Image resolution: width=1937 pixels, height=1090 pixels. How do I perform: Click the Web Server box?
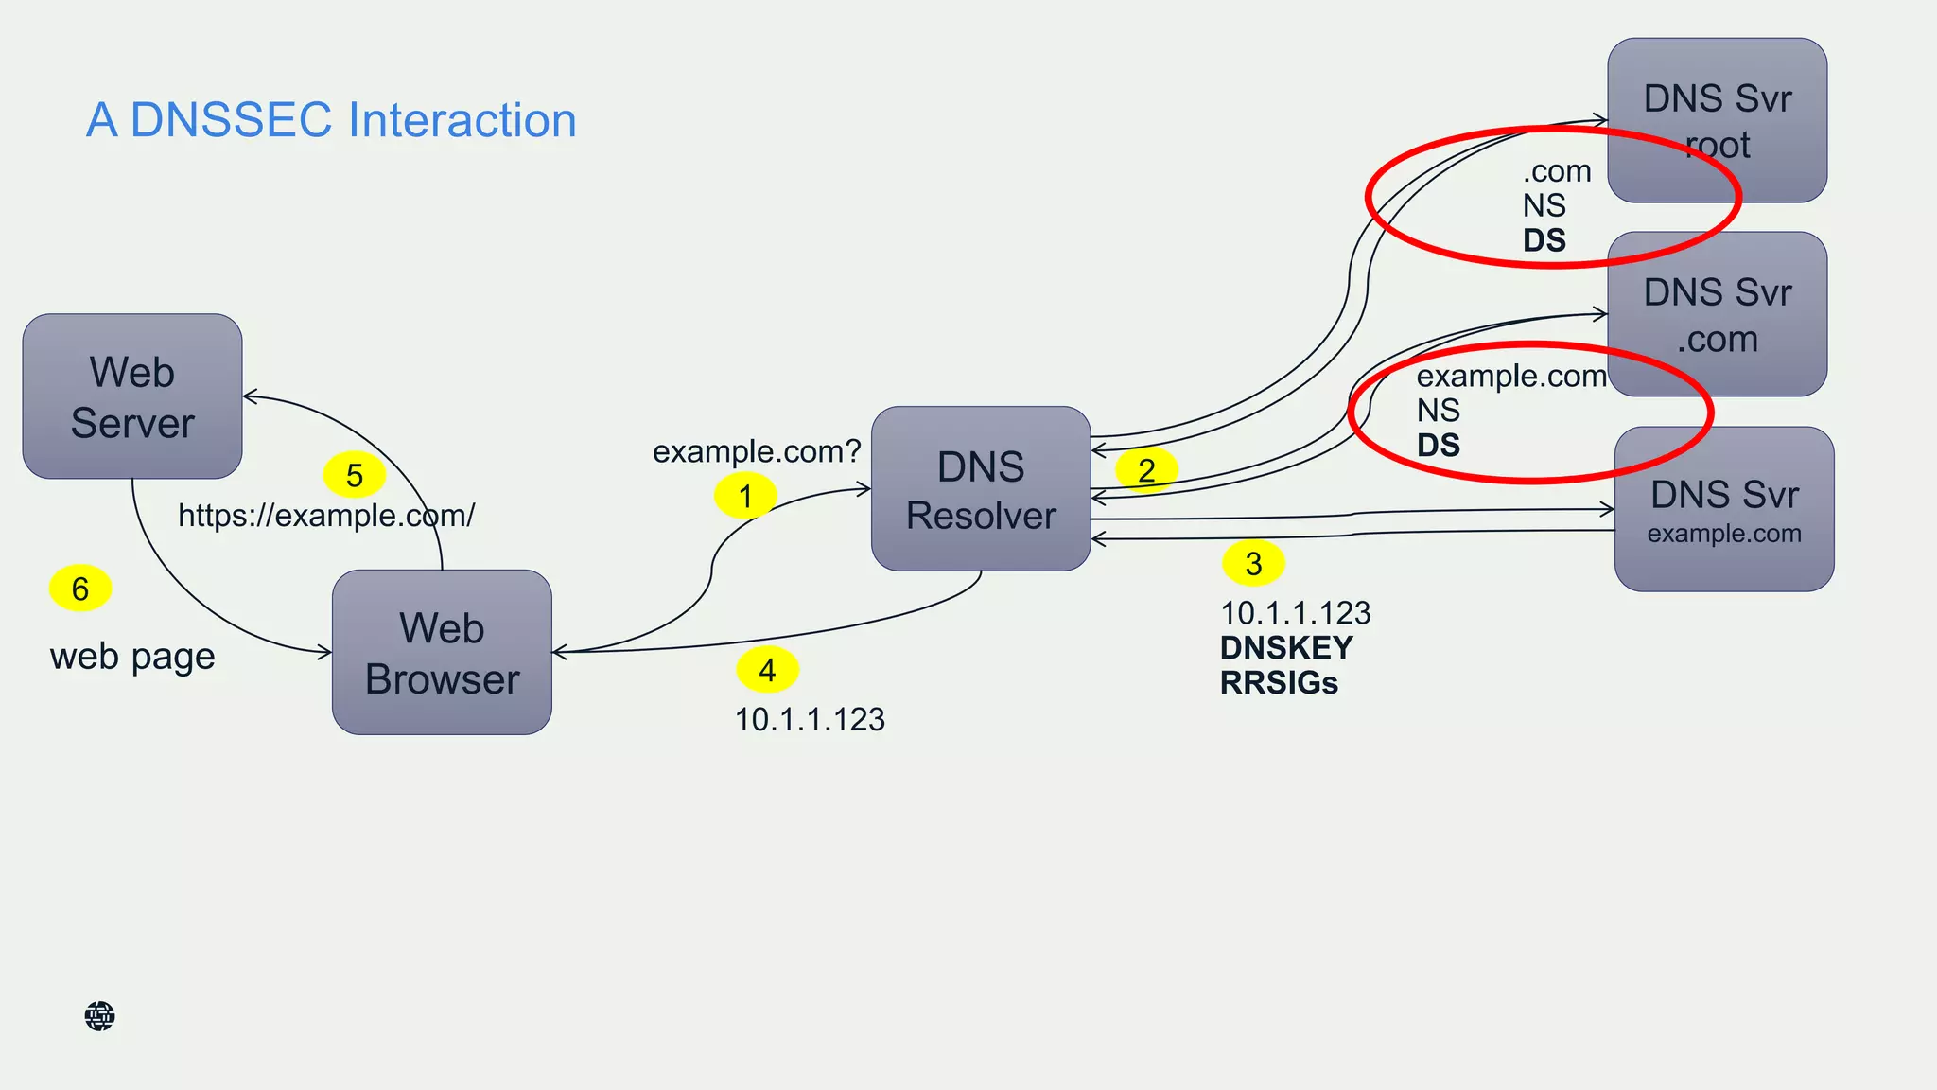point(132,396)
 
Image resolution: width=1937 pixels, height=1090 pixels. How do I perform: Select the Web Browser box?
point(442,652)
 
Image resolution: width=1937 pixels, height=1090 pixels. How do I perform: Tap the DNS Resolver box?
point(981,489)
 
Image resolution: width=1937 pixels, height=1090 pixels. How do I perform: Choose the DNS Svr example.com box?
point(1723,509)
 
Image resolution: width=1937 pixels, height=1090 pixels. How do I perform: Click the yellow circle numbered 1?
point(745,496)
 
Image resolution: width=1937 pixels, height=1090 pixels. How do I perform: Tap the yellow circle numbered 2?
point(1146,470)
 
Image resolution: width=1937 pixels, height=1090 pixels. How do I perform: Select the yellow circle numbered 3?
point(1253,564)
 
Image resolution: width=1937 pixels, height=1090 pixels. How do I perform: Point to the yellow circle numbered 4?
point(767,670)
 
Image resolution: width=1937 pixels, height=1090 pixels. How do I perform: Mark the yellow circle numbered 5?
point(355,475)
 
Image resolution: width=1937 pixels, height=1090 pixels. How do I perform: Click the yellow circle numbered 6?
point(80,589)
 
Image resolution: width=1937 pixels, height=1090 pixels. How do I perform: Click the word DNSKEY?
point(1286,648)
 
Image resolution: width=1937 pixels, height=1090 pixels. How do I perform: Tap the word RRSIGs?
point(1279,683)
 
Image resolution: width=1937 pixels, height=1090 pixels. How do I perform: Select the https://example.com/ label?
point(326,516)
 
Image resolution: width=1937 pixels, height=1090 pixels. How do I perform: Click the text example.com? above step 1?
point(757,451)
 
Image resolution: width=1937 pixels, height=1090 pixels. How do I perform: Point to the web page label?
point(132,656)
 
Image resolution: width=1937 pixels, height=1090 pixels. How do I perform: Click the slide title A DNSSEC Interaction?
point(331,120)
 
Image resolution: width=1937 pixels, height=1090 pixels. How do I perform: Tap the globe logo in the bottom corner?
point(99,1016)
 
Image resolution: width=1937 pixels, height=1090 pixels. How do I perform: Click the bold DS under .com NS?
point(1544,240)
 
